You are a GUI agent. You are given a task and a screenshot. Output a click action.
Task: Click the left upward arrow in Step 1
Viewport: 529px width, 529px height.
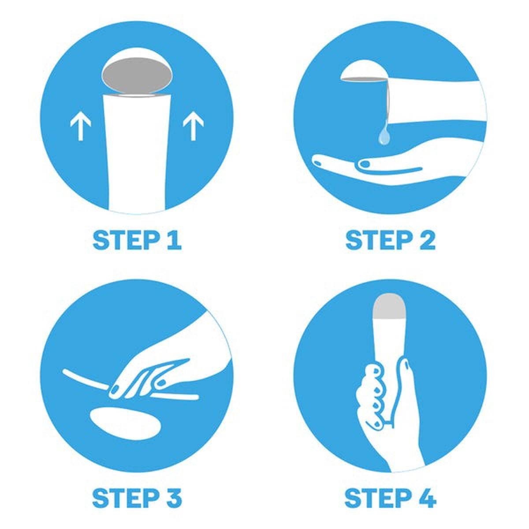tap(80, 126)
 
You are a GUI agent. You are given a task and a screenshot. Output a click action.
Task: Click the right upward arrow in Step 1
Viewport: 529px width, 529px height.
tap(193, 126)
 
